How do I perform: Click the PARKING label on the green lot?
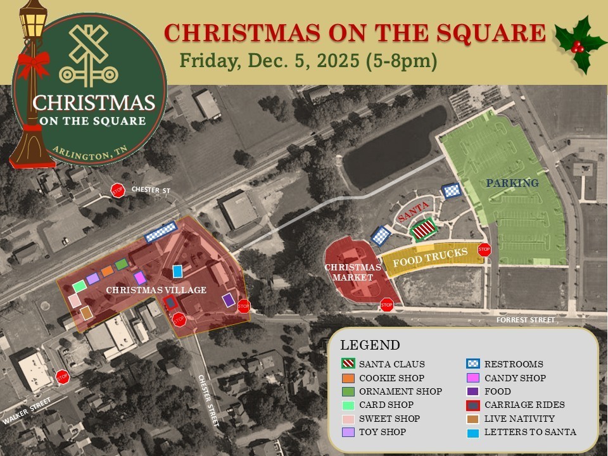(512, 184)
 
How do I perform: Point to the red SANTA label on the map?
(414, 210)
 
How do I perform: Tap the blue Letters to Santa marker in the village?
(177, 271)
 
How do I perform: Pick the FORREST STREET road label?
(525, 320)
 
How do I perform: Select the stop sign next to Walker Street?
(62, 377)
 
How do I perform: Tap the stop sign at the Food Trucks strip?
(484, 250)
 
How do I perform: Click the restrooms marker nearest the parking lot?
(451, 191)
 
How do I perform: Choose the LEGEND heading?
(370, 346)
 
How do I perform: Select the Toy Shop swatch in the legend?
(345, 432)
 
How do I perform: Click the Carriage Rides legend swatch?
(471, 405)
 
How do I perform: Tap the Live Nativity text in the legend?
(519, 419)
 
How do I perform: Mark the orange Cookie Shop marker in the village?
(107, 270)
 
